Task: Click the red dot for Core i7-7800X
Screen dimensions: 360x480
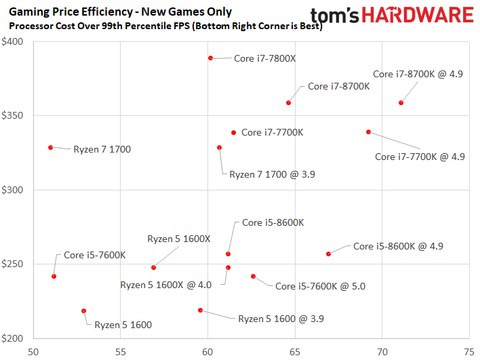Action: coord(211,58)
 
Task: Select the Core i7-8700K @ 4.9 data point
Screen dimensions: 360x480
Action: coord(401,103)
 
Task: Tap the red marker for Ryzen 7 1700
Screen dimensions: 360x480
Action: coord(51,148)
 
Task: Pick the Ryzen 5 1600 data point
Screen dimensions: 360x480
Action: coord(84,311)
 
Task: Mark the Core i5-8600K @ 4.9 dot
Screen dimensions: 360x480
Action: coord(329,254)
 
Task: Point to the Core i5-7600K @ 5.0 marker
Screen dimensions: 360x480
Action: coord(254,277)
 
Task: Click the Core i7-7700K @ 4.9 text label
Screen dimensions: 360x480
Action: coord(420,157)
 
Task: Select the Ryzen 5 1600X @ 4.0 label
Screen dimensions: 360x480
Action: coord(166,285)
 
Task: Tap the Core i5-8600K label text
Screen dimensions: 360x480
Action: coord(273,222)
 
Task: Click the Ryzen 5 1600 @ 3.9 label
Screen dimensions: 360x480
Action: coord(281,318)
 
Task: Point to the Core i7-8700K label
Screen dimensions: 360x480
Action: coord(338,86)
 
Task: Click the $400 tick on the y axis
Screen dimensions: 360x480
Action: coord(14,42)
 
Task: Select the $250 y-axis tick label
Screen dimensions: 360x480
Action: coord(14,264)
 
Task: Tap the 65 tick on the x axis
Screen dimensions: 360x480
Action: coord(295,352)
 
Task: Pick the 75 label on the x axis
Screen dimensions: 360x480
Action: coord(468,352)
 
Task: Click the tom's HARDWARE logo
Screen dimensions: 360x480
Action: coord(392,16)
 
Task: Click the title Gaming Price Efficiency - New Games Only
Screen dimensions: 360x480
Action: coord(120,12)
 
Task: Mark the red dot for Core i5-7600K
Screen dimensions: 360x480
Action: coord(54,277)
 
